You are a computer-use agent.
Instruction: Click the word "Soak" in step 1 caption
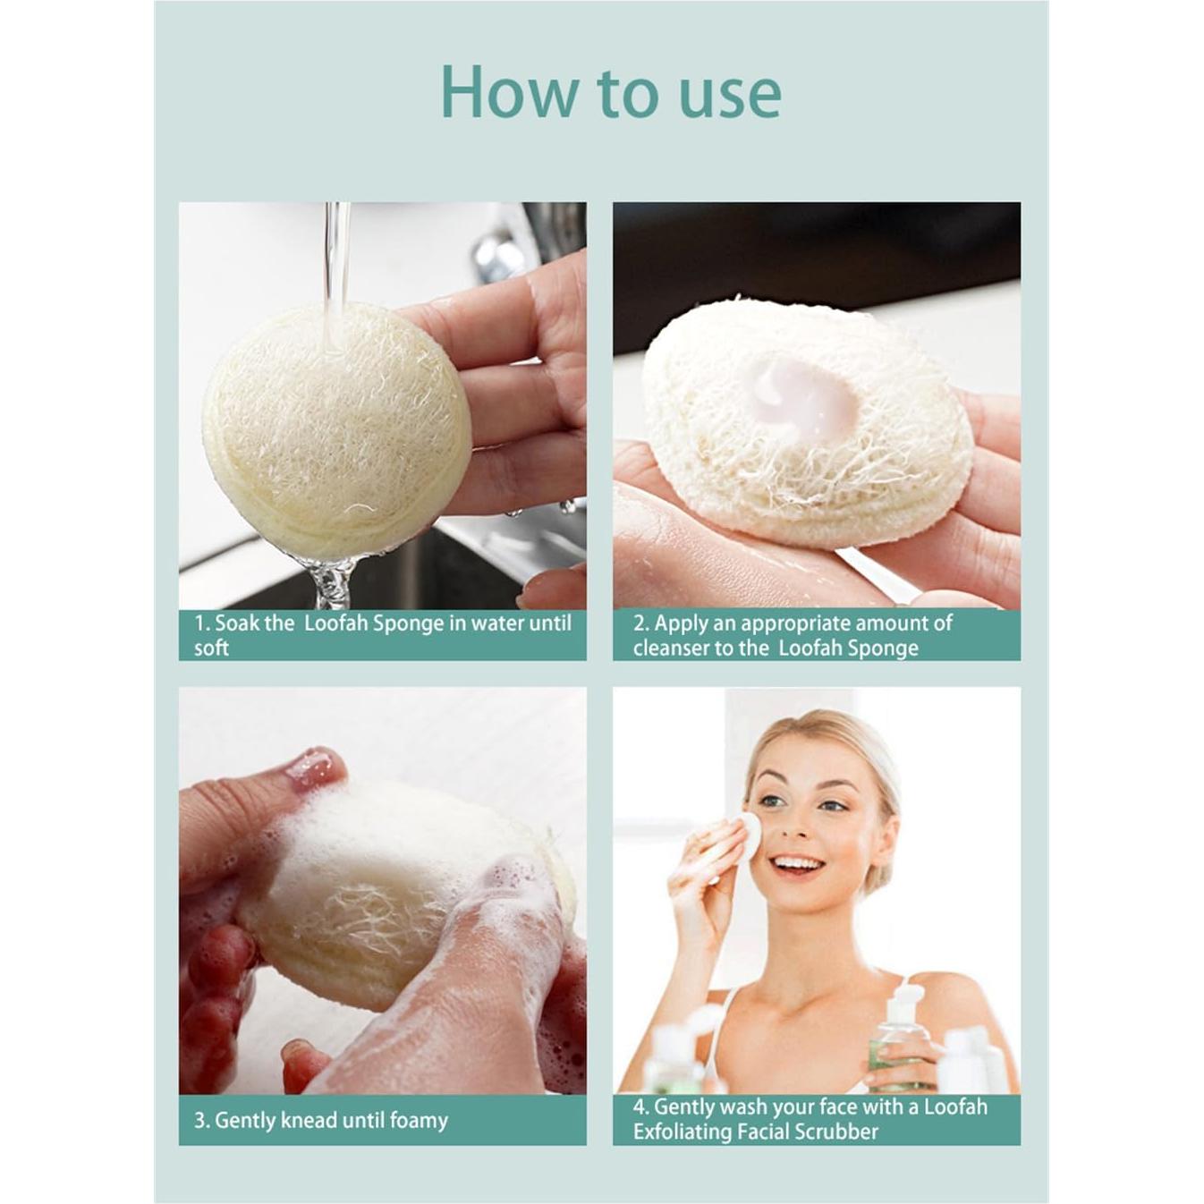pyautogui.click(x=236, y=623)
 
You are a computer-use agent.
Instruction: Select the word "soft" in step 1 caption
pyautogui.click(x=211, y=648)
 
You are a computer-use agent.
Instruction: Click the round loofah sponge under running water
pyautogui.click(x=336, y=429)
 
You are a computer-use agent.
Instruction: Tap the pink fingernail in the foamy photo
pyautogui.click(x=313, y=767)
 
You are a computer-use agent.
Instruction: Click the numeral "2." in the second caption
pyautogui.click(x=640, y=623)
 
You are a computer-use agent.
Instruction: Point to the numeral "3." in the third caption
pyautogui.click(x=201, y=1120)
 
